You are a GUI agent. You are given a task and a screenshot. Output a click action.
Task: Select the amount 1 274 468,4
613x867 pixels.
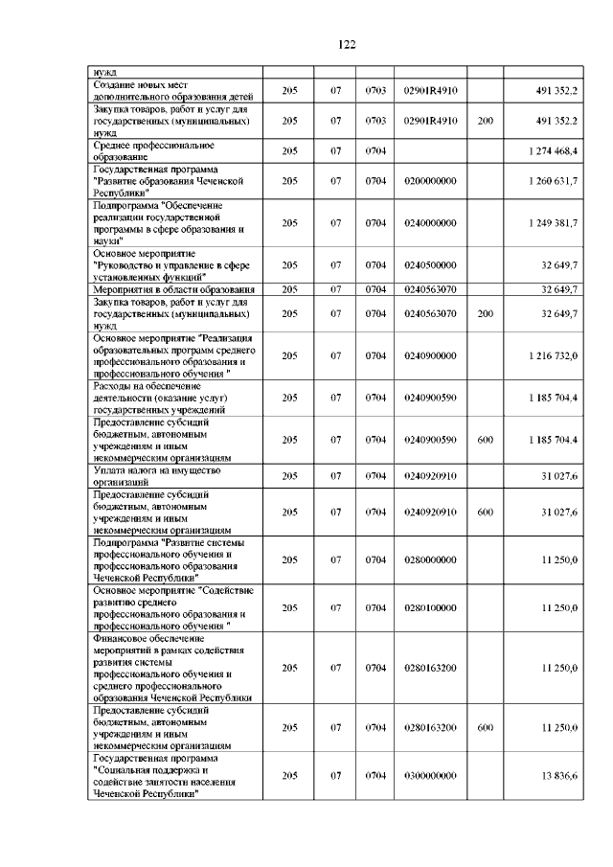(552, 150)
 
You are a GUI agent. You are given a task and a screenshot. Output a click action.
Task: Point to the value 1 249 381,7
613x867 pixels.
(552, 223)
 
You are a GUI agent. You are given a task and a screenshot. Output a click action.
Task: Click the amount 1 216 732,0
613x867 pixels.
(552, 355)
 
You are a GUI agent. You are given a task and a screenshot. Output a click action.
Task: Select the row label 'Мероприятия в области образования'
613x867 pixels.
(172, 289)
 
